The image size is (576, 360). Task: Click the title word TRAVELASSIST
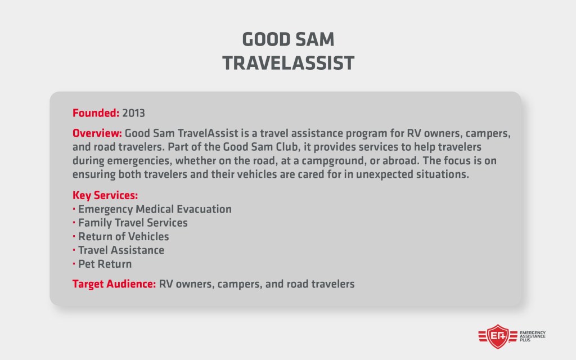coord(288,62)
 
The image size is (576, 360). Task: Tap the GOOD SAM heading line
coord(288,39)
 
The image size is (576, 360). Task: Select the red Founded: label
coord(96,113)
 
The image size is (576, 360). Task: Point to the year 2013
coord(133,113)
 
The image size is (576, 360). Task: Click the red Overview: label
coord(97,135)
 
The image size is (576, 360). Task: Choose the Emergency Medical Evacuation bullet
coord(155,209)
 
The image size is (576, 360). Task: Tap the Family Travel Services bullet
coord(133,223)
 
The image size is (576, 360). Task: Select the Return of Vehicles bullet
coord(124,237)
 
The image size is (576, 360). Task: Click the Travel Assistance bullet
coord(121,250)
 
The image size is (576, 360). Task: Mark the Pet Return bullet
coord(105,264)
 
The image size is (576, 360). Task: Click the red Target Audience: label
coord(114,284)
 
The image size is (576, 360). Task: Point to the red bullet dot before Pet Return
coord(75,264)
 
